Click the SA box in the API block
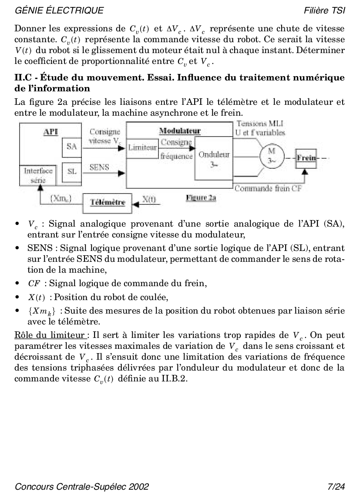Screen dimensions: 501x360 (72, 147)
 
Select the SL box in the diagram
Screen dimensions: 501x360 (72, 171)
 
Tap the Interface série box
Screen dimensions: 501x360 (38, 174)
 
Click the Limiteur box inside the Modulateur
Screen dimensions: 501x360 (142, 147)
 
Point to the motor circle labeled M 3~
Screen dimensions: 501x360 (272, 155)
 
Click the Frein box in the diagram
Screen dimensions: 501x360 (306, 158)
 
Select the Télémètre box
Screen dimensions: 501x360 (108, 202)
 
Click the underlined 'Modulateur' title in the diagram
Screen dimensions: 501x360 (180, 131)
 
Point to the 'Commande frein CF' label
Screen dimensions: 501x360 (268, 188)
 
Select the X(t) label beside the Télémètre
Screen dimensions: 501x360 (149, 200)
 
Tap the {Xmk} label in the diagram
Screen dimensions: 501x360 (61, 199)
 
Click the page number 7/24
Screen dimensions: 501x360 (336, 486)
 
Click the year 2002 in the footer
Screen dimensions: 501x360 (139, 486)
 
